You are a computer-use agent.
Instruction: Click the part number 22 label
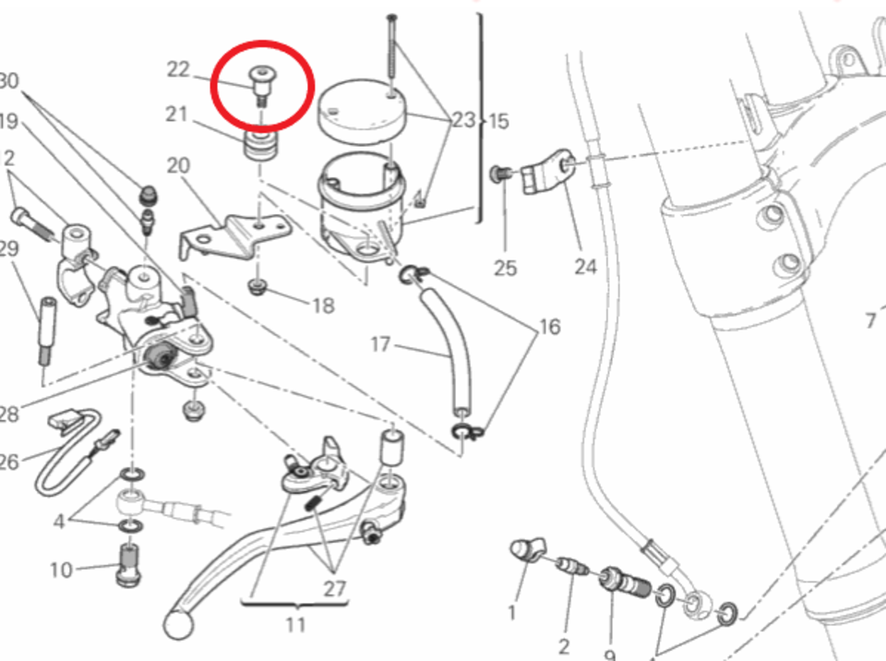tap(177, 69)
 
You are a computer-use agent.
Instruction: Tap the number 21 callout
tap(177, 114)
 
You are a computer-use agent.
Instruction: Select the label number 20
tap(177, 165)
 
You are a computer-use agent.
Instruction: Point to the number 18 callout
tap(322, 306)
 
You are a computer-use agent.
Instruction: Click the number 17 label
tap(381, 345)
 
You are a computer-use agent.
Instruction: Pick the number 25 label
tap(505, 269)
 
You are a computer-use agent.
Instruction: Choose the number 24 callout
tap(585, 268)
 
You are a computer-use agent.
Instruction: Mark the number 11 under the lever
tap(294, 625)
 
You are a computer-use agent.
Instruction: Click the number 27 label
tap(335, 588)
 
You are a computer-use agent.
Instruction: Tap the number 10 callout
tap(61, 570)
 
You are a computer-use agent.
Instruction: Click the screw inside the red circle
tap(262, 86)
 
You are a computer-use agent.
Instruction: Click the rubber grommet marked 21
tap(259, 145)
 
